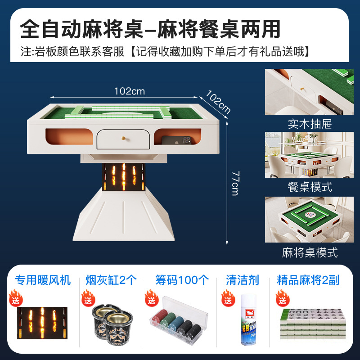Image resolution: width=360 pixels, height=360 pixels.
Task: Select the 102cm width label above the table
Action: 129,91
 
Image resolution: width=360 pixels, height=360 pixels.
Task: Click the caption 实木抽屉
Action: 310,123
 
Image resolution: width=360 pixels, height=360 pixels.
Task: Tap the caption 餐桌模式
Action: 310,187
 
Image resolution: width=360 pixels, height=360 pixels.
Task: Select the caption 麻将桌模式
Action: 310,252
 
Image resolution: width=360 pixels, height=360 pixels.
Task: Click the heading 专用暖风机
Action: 43,280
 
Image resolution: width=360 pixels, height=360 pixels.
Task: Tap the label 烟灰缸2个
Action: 111,280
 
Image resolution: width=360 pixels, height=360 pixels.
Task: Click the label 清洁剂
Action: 243,280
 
